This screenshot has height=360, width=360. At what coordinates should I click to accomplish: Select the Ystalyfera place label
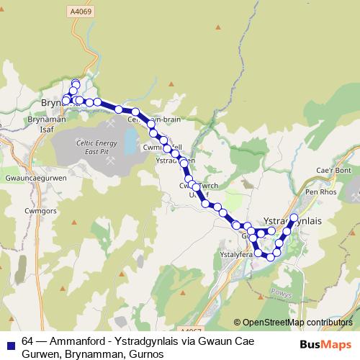click(x=235, y=254)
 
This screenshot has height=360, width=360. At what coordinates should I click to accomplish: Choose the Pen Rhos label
click(x=321, y=193)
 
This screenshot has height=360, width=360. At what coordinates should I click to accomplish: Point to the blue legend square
click(x=9, y=343)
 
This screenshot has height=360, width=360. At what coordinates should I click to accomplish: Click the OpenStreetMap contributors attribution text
click(x=292, y=322)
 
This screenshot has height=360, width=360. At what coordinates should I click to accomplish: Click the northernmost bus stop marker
click(x=76, y=84)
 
